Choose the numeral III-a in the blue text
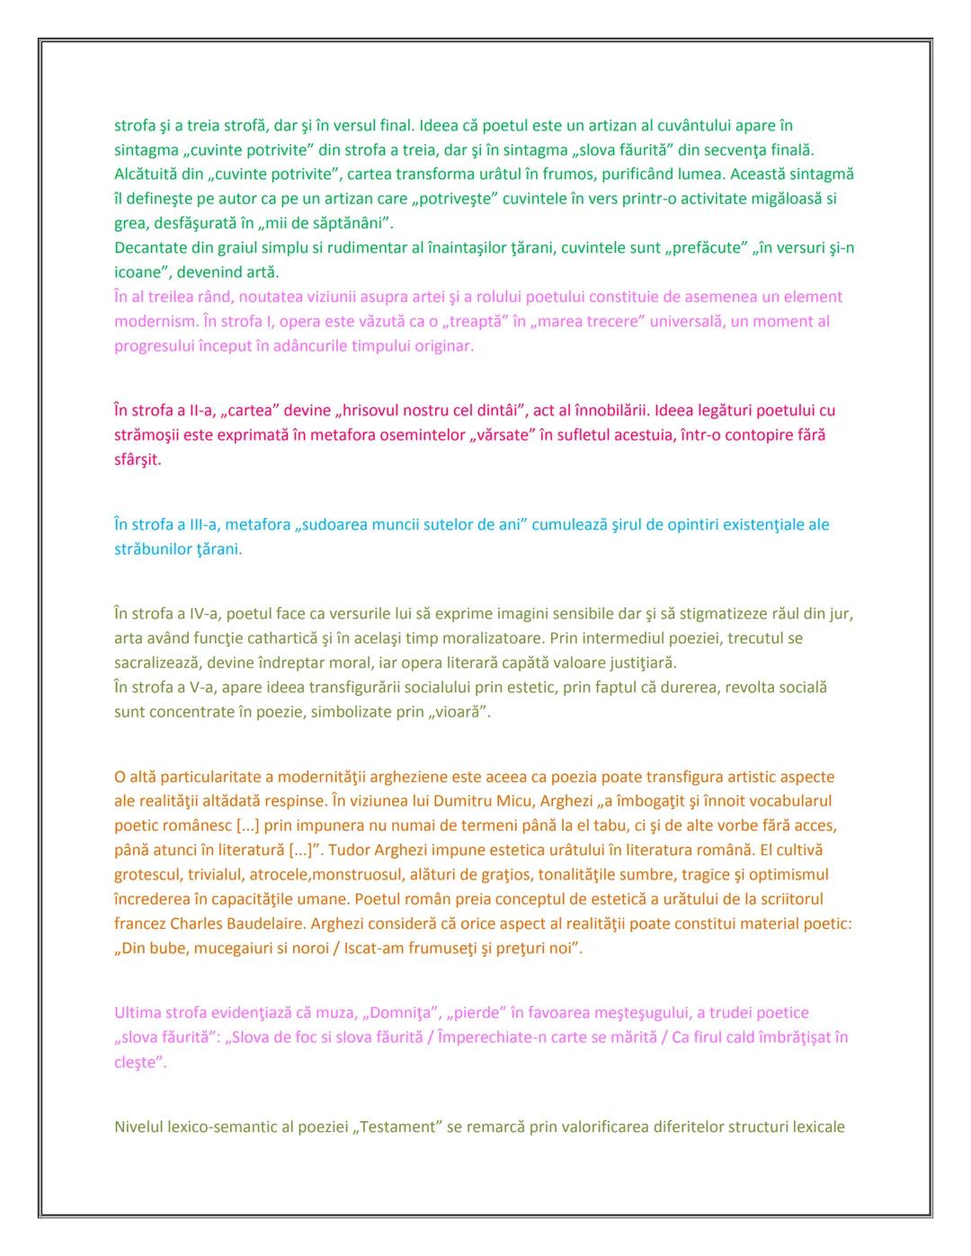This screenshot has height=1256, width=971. point(201,524)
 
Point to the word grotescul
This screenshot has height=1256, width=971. point(151,874)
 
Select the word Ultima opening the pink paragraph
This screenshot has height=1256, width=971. point(138,1012)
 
